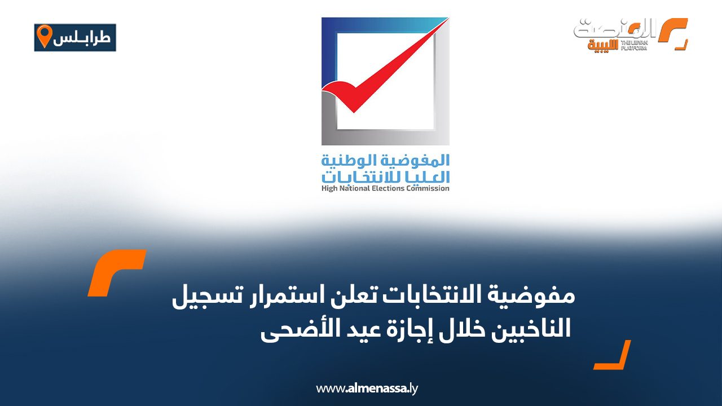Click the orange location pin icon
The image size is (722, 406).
[43, 37]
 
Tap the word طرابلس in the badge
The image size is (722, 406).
[83, 38]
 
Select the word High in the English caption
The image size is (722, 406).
[329, 188]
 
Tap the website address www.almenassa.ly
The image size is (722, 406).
[367, 388]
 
